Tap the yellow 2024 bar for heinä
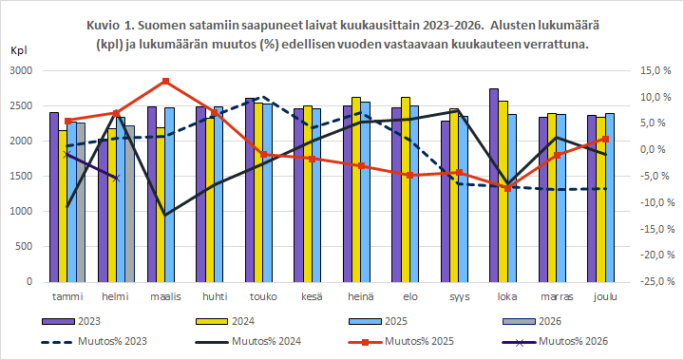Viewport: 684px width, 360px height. tap(356, 190)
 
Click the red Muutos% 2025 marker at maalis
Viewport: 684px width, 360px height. tap(166, 82)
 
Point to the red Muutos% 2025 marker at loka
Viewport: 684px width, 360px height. tap(508, 188)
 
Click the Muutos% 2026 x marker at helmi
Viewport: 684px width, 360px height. tap(116, 178)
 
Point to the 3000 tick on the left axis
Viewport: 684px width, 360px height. tap(21, 71)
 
